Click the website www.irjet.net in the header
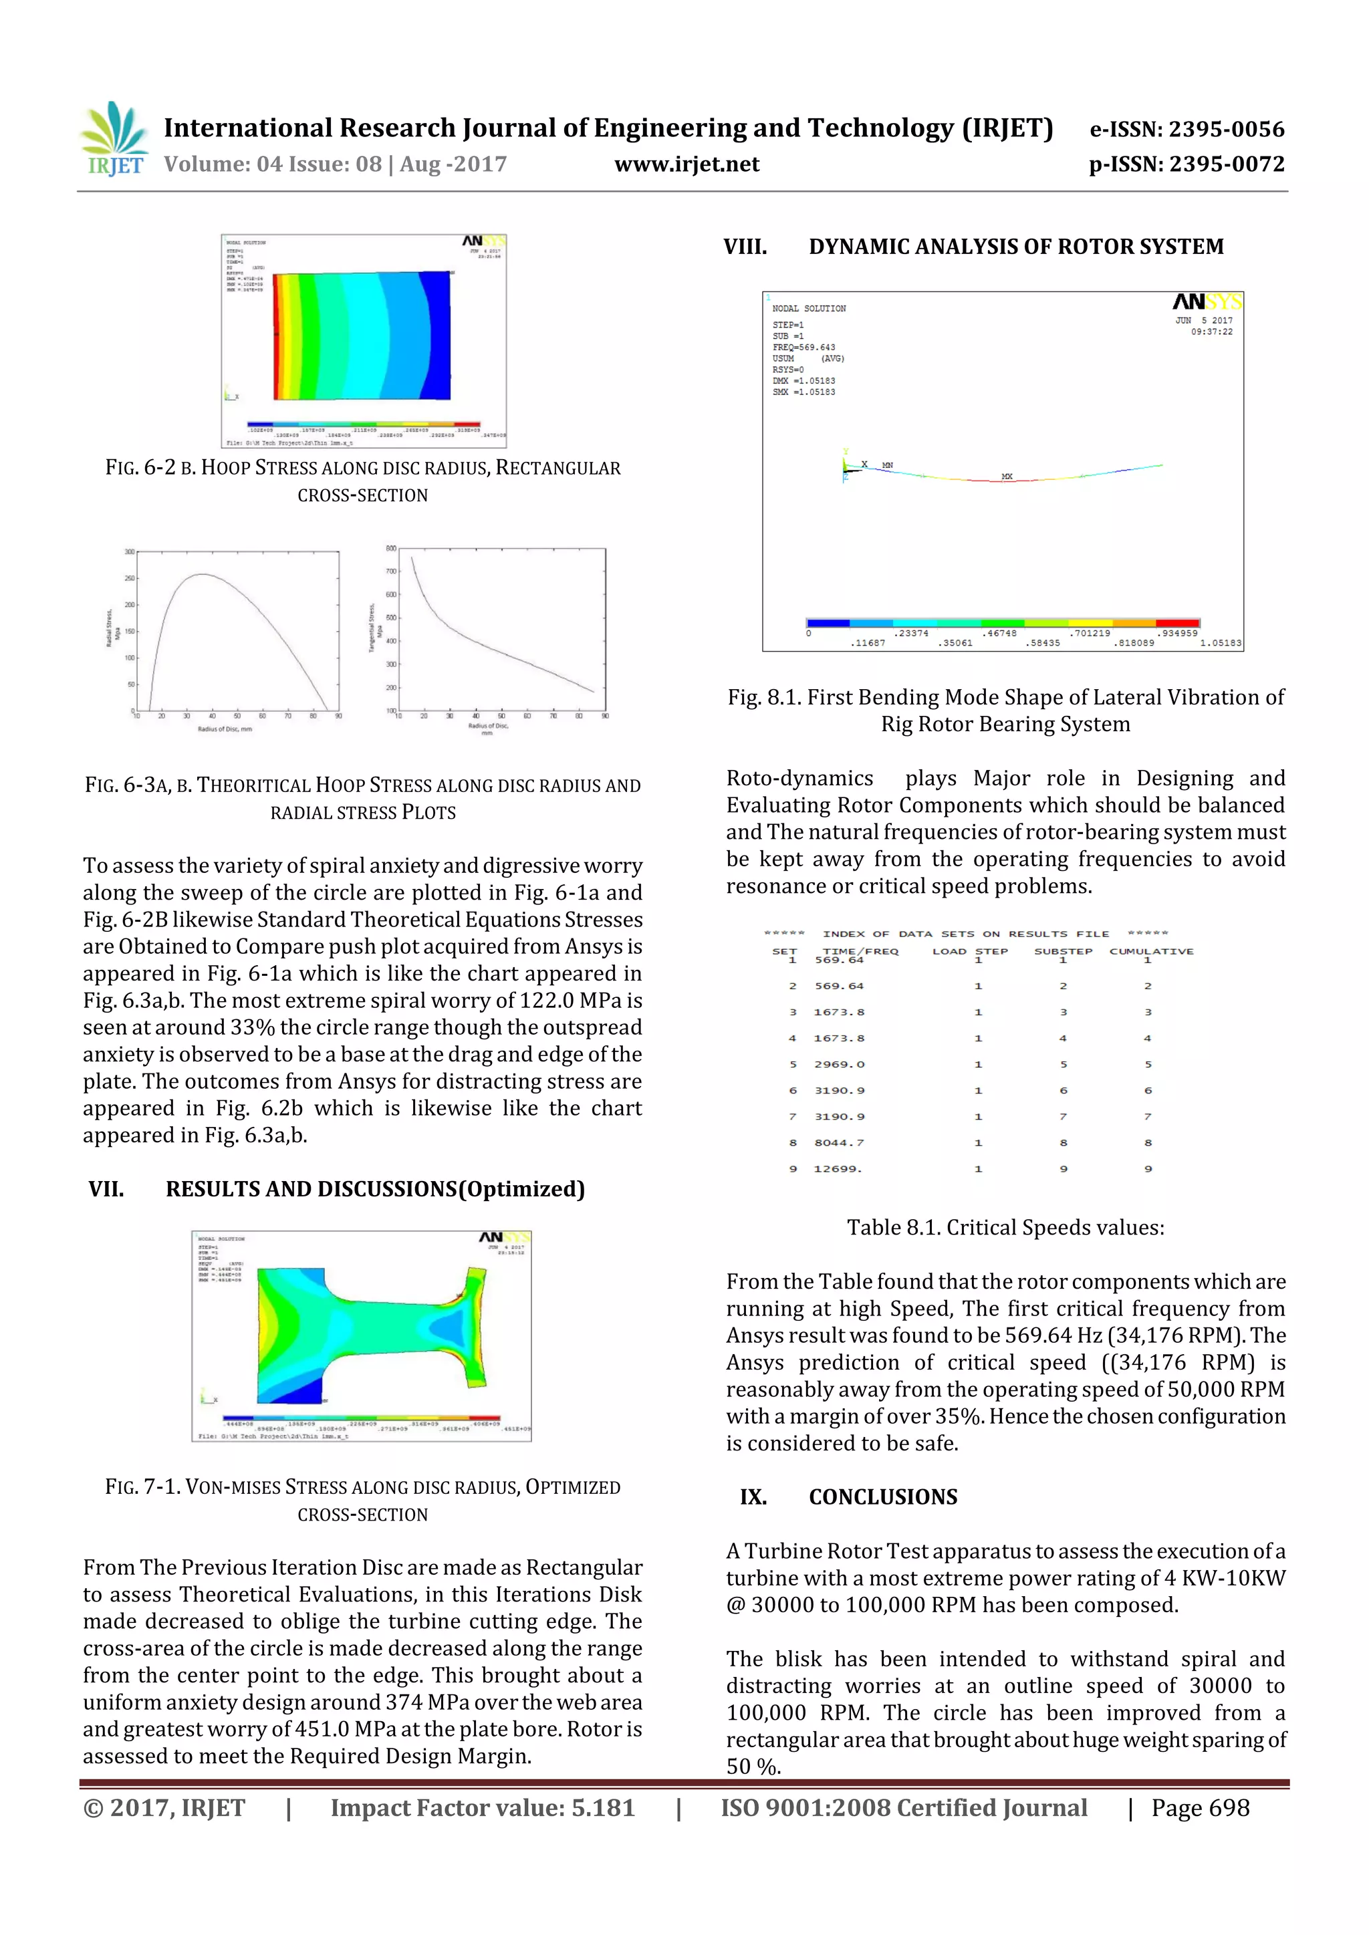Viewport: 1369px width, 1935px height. pos(687,164)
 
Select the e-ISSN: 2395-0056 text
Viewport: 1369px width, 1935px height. pos(1187,129)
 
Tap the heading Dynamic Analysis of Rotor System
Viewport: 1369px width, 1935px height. pos(1016,247)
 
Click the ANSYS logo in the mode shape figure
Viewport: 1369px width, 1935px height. pos(1207,301)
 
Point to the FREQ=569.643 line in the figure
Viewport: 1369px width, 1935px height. pos(803,347)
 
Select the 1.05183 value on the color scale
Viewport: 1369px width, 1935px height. pos(1221,643)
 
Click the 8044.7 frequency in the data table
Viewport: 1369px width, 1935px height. pos(838,1143)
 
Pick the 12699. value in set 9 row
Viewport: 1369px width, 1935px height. pos(837,1169)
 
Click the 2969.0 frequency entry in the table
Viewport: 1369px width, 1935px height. pos(839,1065)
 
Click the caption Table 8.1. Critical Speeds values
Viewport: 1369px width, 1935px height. pos(1005,1228)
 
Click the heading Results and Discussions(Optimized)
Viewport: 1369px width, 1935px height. pos(374,1189)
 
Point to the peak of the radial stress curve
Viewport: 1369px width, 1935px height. pos(203,575)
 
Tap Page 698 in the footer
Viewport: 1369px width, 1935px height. pos(1201,1808)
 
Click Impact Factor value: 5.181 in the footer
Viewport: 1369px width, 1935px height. pos(482,1808)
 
